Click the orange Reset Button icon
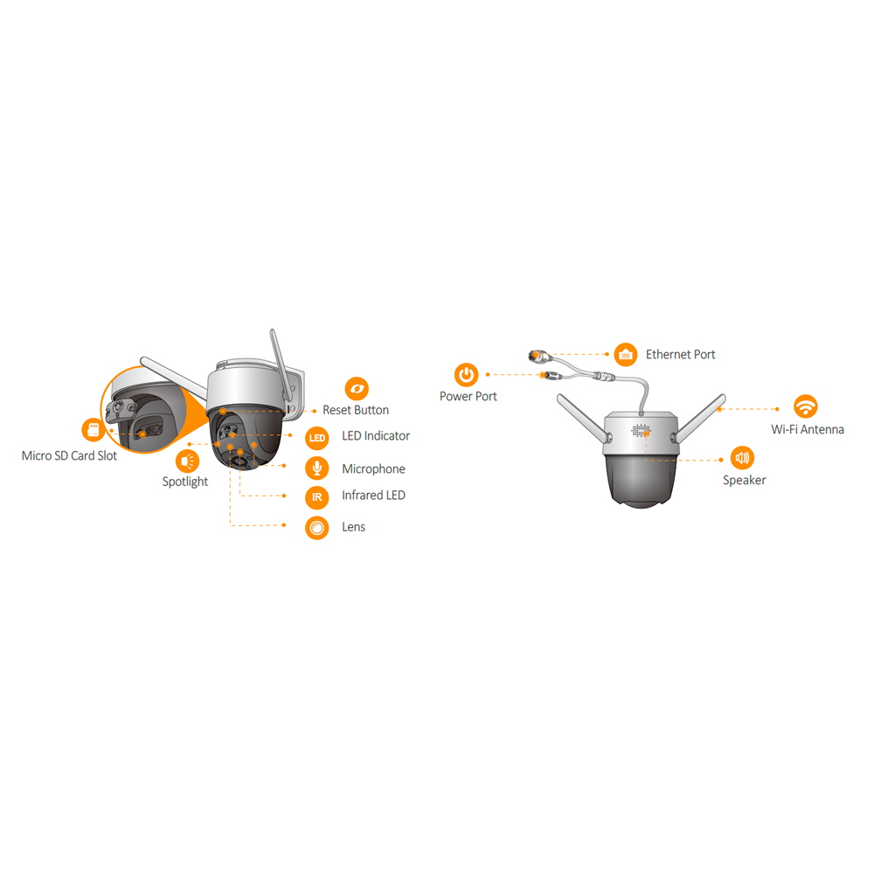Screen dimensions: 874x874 (357, 389)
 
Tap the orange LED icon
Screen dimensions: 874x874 (317, 438)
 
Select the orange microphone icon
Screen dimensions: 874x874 (317, 468)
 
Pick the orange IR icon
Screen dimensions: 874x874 (317, 497)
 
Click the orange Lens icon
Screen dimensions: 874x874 (317, 527)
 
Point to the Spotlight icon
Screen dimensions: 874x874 (187, 461)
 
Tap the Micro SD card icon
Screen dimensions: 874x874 (94, 430)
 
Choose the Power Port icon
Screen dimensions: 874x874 (467, 375)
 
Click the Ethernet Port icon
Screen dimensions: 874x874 (626, 355)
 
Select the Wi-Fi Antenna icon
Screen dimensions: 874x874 (806, 406)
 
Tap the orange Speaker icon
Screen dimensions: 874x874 (742, 458)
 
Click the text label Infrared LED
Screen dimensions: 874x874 (373, 495)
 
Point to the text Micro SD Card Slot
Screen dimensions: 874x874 (69, 455)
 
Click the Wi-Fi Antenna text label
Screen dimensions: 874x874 (808, 429)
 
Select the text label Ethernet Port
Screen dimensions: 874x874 (681, 355)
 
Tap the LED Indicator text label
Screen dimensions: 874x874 (376, 436)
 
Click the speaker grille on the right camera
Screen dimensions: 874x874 (641, 430)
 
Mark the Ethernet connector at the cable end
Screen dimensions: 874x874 (538, 355)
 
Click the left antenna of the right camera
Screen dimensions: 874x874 (583, 418)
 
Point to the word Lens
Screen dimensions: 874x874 (353, 527)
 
